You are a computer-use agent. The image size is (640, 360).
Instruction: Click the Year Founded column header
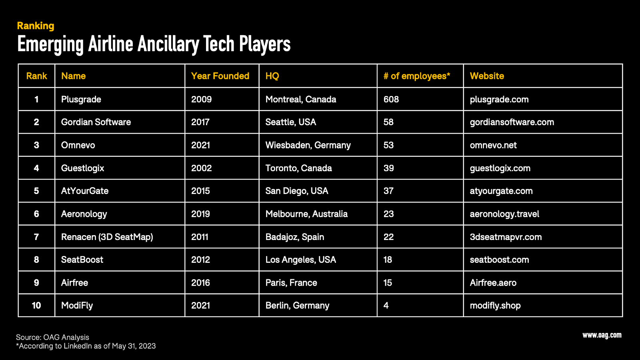pos(220,76)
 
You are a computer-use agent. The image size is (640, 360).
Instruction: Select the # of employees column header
pos(416,76)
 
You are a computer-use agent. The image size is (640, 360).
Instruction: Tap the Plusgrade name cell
pos(81,99)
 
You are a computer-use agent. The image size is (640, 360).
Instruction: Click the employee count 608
pos(391,99)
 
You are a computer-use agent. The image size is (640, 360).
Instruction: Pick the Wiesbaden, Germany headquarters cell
pos(308,145)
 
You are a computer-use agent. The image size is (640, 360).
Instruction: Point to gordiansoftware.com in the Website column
pos(512,122)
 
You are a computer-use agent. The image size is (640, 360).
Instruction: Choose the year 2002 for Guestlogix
pos(201,168)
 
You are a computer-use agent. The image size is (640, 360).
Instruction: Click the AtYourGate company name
pos(85,191)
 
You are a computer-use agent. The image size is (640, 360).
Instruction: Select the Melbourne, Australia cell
pos(306,214)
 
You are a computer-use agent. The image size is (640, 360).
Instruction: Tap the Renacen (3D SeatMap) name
pos(107,237)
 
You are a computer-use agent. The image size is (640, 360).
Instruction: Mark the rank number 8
pos(36,260)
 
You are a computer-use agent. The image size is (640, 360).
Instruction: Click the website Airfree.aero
pos(493,283)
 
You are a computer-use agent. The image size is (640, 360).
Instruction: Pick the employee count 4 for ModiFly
pos(386,306)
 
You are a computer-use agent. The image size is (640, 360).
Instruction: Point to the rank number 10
pos(36,306)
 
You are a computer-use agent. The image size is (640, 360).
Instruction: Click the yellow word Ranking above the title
pos(36,26)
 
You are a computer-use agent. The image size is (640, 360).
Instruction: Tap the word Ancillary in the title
pos(168,44)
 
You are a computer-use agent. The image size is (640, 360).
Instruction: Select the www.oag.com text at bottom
pos(602,335)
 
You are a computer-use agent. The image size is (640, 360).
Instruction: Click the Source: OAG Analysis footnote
pos(52,337)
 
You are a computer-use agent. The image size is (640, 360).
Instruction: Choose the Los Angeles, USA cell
pos(300,260)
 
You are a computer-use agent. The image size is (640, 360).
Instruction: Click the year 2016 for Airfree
pos(200,283)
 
